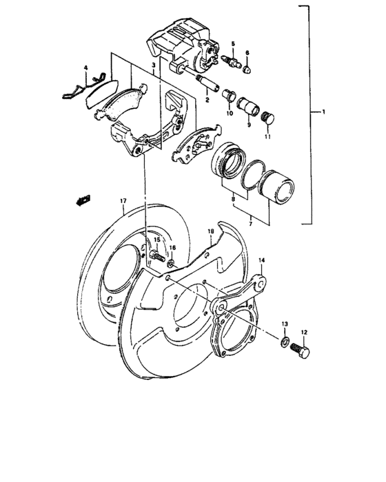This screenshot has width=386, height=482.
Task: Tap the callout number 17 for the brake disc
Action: [x=122, y=201]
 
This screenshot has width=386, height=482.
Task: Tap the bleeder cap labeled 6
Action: [x=248, y=69]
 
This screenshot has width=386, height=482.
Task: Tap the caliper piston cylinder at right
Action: [x=281, y=186]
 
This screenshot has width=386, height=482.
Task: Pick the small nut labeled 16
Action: [x=171, y=262]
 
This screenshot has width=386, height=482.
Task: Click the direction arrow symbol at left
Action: [x=83, y=200]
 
